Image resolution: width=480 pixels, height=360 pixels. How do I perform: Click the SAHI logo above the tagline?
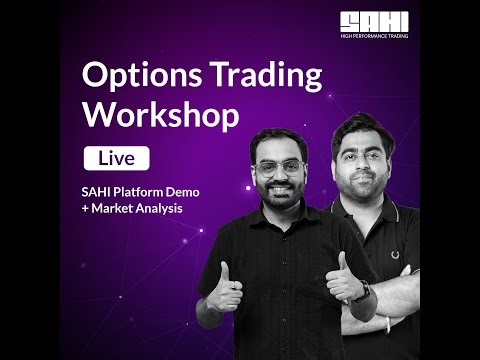click(x=373, y=21)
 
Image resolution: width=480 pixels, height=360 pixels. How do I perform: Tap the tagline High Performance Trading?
click(x=373, y=35)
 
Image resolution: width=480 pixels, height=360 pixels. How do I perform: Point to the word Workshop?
click(x=161, y=114)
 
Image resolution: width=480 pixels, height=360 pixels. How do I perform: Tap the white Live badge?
click(x=116, y=158)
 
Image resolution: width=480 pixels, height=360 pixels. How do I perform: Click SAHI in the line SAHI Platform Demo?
click(x=98, y=192)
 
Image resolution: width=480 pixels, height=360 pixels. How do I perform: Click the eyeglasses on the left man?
click(x=272, y=167)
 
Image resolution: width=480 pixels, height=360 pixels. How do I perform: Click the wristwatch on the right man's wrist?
click(x=362, y=291)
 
